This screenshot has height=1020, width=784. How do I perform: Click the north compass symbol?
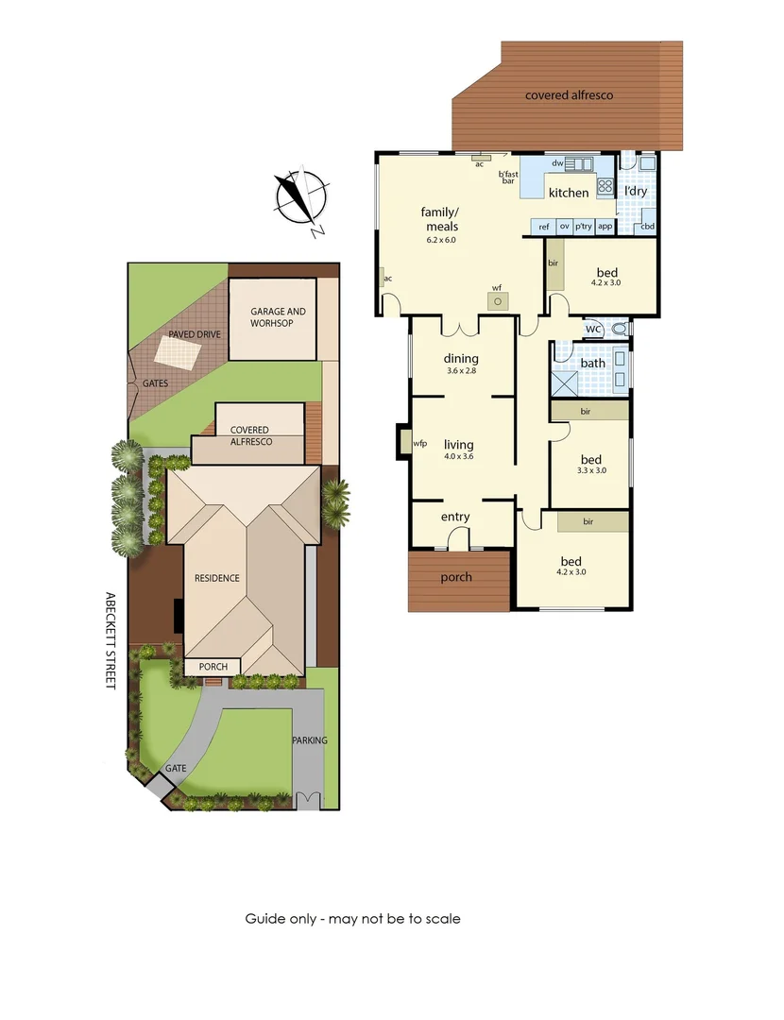(301, 197)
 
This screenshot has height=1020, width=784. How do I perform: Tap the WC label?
(593, 329)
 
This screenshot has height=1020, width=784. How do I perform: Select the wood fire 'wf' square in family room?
(498, 301)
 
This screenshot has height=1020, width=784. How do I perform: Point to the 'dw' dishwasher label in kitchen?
(557, 163)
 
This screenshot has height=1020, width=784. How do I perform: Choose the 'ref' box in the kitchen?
(543, 227)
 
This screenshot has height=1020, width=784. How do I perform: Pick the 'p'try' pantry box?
(584, 227)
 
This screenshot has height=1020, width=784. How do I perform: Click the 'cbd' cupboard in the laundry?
(647, 227)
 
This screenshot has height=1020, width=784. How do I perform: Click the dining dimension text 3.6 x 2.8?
(461, 371)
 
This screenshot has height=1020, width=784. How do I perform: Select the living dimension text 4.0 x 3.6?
(459, 457)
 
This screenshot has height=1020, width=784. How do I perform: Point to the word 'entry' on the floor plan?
(455, 517)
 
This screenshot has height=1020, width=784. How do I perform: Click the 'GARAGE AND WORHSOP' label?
(278, 317)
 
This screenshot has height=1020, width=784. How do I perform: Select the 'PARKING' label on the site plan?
(309, 740)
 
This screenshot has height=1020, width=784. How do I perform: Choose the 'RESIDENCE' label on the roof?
(217, 578)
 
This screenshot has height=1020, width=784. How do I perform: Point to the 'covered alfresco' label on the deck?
(570, 95)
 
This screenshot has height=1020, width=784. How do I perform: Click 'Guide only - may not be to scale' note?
(352, 918)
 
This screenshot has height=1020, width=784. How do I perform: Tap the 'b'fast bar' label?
(508, 177)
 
